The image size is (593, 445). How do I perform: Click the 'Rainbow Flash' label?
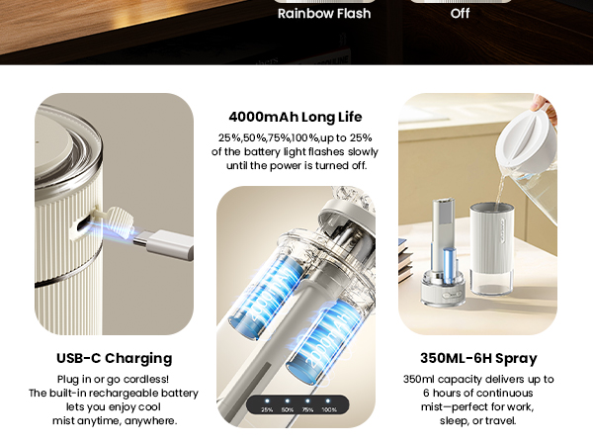click(x=324, y=14)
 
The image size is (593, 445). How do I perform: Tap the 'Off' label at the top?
click(x=460, y=14)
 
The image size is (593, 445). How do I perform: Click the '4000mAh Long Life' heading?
click(x=296, y=117)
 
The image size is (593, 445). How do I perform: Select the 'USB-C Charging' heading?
click(x=114, y=358)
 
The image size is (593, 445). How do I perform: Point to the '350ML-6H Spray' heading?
click(x=478, y=358)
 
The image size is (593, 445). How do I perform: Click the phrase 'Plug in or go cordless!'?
click(x=113, y=379)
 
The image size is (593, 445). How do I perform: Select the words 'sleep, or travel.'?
click(x=477, y=420)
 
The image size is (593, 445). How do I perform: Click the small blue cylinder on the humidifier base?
click(x=448, y=267)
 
